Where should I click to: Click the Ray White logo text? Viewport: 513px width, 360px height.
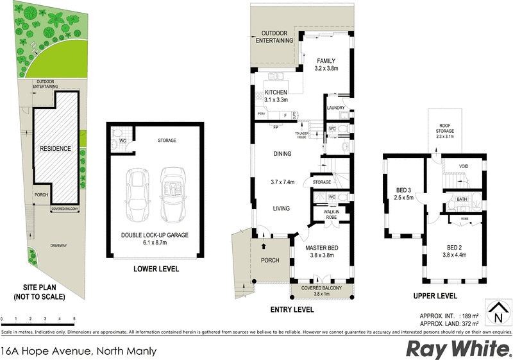coord(458,349)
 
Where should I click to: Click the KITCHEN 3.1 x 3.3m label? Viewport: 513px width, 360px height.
coord(276,96)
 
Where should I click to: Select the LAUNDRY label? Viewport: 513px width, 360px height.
coord(335,108)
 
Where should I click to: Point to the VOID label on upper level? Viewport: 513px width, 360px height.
coord(464,167)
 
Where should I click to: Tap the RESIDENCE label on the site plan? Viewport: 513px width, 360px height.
coord(55,149)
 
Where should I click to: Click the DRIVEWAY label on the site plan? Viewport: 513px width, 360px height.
coord(60,245)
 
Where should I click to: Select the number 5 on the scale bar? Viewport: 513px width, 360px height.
coord(74,319)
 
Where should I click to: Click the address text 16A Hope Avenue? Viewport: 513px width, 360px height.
coord(48,350)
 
